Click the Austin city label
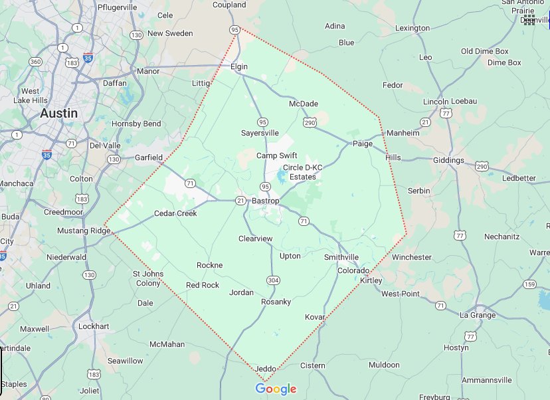(58, 113)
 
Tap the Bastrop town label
(266, 201)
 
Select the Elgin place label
(239, 67)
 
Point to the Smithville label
(341, 257)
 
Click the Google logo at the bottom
(276, 389)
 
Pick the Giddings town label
(448, 160)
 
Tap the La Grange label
(478, 315)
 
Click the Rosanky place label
(276, 302)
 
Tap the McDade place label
(304, 104)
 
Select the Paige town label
(363, 144)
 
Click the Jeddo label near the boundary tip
(265, 369)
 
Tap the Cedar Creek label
(175, 213)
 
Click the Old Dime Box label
(484, 51)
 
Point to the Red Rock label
(203, 285)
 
